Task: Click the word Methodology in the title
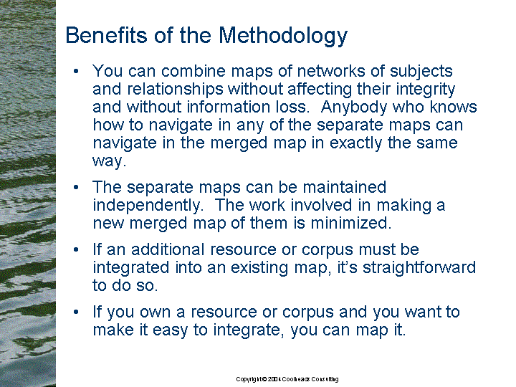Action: click(x=283, y=36)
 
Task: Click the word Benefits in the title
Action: click(x=106, y=34)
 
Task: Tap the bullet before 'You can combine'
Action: click(x=76, y=71)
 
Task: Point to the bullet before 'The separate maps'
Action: click(x=76, y=187)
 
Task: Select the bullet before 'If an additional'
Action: click(x=76, y=250)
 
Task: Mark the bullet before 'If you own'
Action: click(x=76, y=312)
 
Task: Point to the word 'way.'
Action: click(x=109, y=161)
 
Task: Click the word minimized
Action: click(x=350, y=223)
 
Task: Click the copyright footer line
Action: click(x=287, y=379)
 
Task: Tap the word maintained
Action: click(x=344, y=187)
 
